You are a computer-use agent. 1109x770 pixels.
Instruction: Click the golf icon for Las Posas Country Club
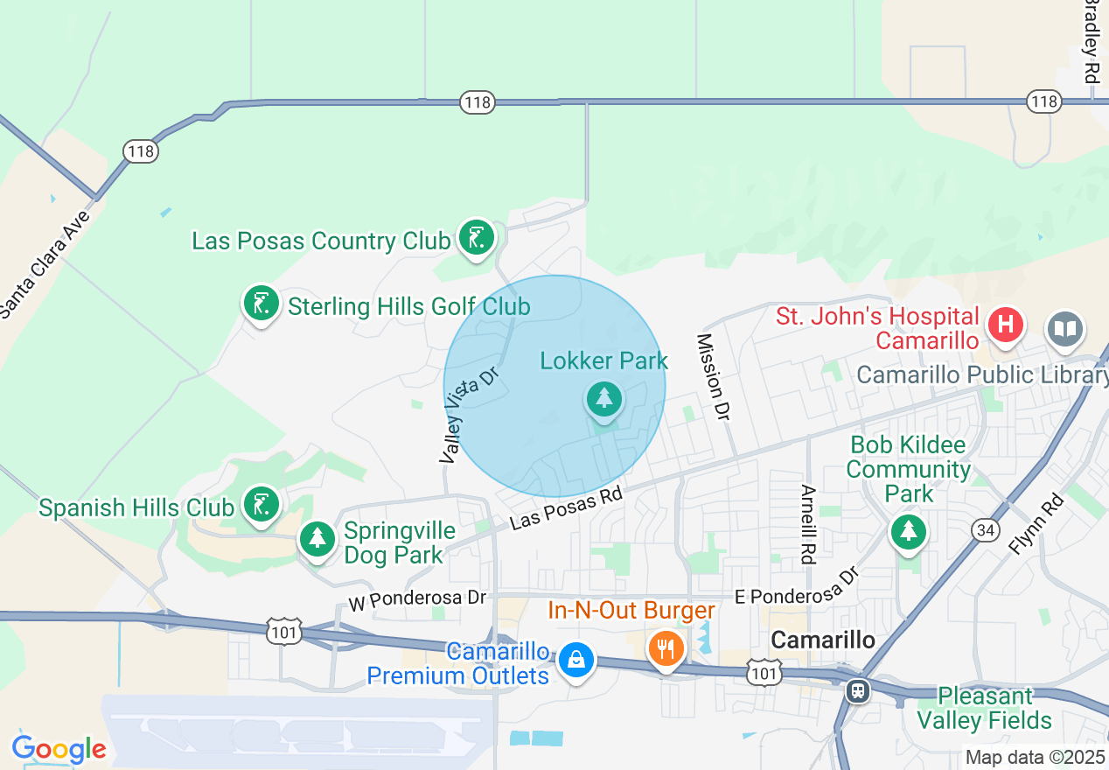[476, 237]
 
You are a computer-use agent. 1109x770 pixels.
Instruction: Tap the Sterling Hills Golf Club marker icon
[261, 304]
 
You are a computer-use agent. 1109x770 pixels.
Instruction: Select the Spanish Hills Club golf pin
[261, 505]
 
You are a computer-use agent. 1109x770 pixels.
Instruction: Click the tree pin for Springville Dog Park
[317, 538]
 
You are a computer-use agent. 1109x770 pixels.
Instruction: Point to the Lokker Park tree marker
[603, 399]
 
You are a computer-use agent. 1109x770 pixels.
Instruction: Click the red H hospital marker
[1006, 325]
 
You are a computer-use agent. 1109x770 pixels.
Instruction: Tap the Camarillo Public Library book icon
[1064, 330]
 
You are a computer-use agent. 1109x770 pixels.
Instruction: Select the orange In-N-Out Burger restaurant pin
[666, 648]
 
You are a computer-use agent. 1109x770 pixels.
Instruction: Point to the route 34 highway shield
[985, 529]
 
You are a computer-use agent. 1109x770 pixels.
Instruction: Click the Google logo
[59, 749]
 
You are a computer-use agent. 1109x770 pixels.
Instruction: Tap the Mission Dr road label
[713, 376]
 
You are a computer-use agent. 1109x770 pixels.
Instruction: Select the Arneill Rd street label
[807, 524]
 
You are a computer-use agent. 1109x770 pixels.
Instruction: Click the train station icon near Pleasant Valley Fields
[858, 690]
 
